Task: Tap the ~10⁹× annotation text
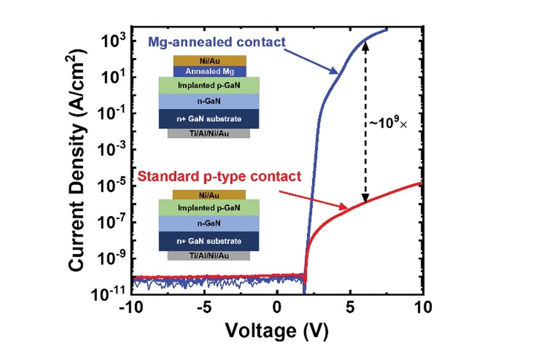coord(387,123)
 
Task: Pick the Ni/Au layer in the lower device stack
coord(208,195)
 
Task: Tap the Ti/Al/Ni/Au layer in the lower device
coord(209,256)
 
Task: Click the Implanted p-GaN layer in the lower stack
coord(209,207)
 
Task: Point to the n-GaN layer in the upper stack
coord(209,101)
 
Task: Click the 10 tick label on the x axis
coord(423,306)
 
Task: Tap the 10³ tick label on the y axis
coord(113,40)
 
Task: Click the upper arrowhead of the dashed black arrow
coord(366,45)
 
